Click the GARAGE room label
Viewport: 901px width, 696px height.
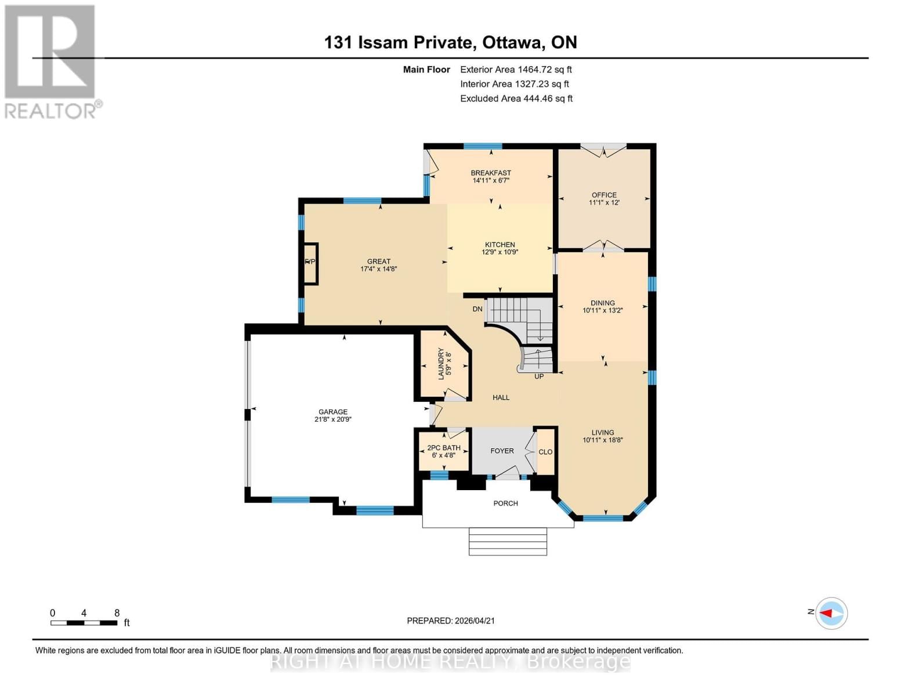[332, 412]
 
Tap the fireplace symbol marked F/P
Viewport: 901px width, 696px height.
[310, 263]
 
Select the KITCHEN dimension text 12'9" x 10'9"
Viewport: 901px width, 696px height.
[500, 252]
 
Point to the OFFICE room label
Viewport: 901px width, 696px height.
[604, 195]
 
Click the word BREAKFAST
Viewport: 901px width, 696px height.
[491, 173]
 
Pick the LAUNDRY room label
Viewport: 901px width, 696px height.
[441, 364]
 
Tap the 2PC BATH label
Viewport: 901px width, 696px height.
[444, 448]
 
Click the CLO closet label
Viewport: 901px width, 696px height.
[545, 452]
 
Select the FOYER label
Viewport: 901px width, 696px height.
[502, 451]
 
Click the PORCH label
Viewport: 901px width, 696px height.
[505, 503]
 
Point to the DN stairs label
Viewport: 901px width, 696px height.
[477, 309]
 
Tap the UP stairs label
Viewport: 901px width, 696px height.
[539, 376]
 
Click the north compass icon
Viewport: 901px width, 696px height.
[831, 613]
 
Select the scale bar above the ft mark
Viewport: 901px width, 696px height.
[84, 623]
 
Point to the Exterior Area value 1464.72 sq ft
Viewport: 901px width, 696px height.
[516, 70]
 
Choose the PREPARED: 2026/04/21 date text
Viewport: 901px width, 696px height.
[451, 621]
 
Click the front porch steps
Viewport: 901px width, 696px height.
[508, 541]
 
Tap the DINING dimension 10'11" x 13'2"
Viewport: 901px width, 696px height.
[602, 311]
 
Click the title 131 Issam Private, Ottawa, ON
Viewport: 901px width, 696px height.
[450, 42]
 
